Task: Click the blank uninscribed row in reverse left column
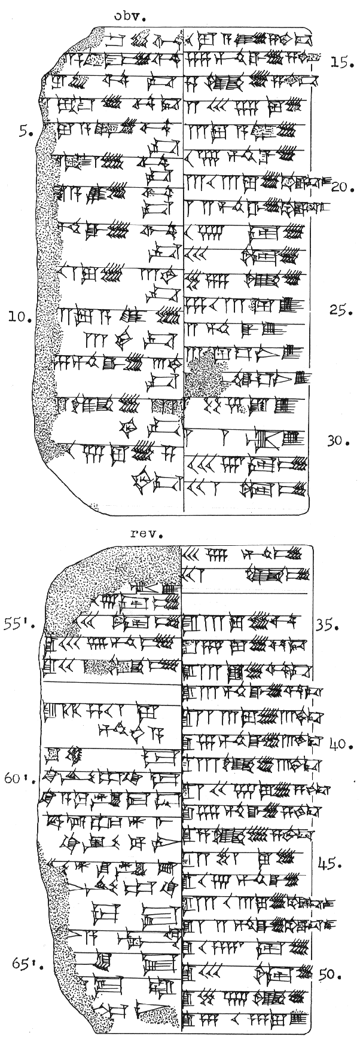click(x=111, y=693)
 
